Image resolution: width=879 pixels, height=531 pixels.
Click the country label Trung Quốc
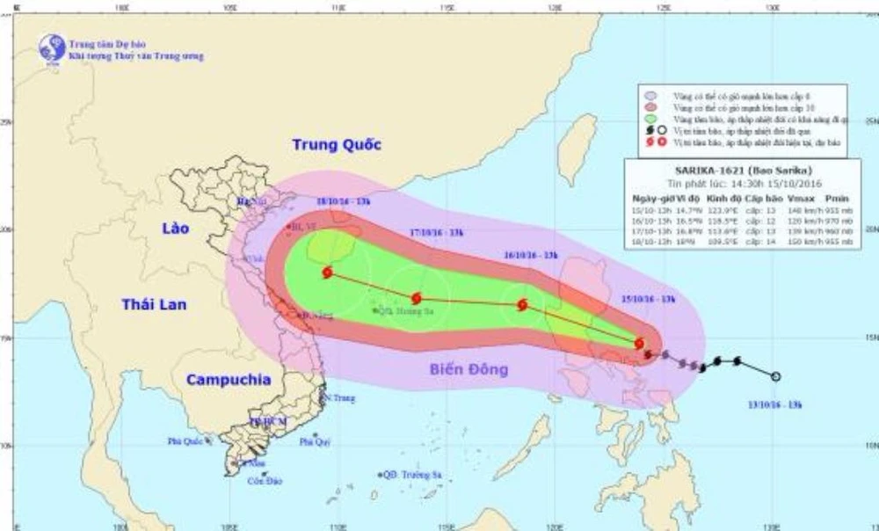pyautogui.click(x=337, y=145)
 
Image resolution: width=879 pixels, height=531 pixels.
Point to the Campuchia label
pyautogui.click(x=228, y=380)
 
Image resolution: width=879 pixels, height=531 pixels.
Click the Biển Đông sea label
pyautogui.click(x=469, y=369)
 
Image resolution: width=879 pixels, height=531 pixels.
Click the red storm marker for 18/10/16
pyautogui.click(x=328, y=273)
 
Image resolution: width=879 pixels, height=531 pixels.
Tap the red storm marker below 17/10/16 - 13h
pyautogui.click(x=416, y=299)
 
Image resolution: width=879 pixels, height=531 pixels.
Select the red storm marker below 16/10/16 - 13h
pyautogui.click(x=522, y=305)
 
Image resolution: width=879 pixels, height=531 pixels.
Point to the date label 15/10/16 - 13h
pyautogui.click(x=649, y=300)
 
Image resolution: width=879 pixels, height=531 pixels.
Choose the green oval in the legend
pyautogui.click(x=650, y=118)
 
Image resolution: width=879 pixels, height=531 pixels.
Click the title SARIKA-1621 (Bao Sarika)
pyautogui.click(x=743, y=170)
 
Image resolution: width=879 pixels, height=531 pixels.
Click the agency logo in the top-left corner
pyautogui.click(x=52, y=48)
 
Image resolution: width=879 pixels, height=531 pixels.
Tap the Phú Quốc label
pyautogui.click(x=185, y=441)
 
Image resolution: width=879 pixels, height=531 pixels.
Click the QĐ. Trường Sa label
pyautogui.click(x=411, y=474)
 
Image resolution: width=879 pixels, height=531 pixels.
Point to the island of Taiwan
pyautogui.click(x=577, y=141)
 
